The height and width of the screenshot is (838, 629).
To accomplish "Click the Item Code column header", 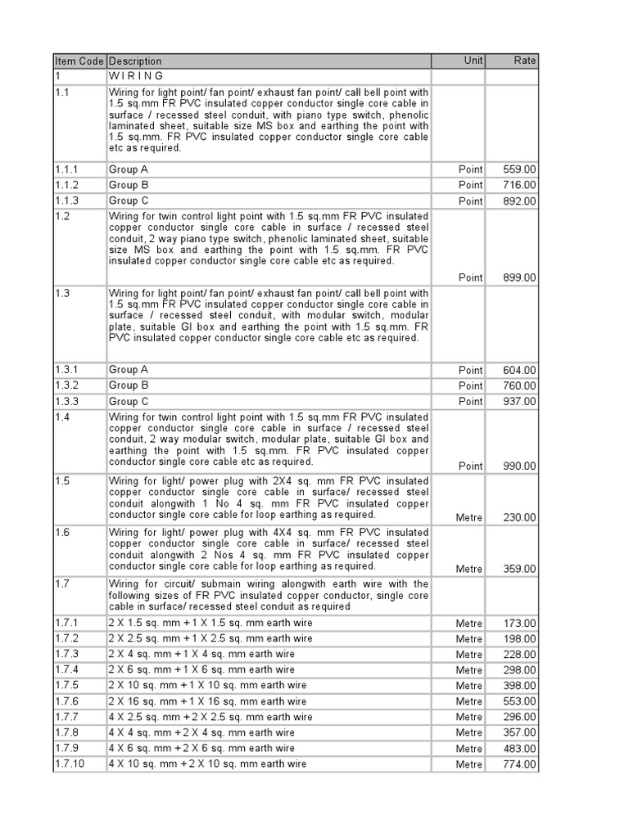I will (79, 61).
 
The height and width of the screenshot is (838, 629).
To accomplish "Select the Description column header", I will (135, 61).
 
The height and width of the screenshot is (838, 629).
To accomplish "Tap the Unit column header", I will (473, 61).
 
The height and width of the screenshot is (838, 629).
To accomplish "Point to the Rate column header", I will (525, 61).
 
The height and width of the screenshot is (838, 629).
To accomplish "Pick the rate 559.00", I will (520, 169).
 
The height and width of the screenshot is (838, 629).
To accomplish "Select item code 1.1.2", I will (67, 185).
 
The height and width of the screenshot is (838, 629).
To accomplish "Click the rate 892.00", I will (520, 201).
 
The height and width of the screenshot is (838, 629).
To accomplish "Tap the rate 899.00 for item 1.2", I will (520, 278).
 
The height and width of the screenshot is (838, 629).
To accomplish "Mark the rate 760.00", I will (520, 386).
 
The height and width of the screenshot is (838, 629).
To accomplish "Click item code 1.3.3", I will (67, 402).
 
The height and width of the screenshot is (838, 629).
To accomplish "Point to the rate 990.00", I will (520, 466).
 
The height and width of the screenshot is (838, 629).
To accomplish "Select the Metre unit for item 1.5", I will (469, 518).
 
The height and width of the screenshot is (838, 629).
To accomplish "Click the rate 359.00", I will (520, 570).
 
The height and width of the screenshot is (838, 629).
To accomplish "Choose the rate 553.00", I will (520, 702).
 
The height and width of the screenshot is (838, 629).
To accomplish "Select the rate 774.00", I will (520, 765).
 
